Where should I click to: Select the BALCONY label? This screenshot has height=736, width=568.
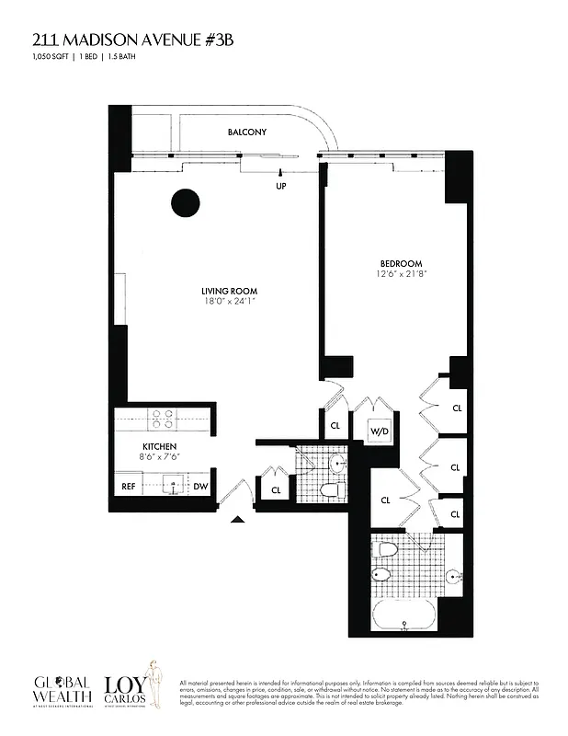pyautogui.click(x=247, y=132)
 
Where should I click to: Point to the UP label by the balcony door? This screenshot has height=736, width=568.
pyautogui.click(x=281, y=185)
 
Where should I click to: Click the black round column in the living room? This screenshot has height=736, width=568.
pyautogui.click(x=187, y=202)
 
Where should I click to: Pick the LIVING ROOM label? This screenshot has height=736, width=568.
pyautogui.click(x=229, y=292)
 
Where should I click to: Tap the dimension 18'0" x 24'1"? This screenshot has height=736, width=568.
pyautogui.click(x=229, y=302)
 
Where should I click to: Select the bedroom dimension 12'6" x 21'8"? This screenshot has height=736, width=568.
pyautogui.click(x=402, y=273)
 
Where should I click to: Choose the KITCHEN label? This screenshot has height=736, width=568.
pyautogui.click(x=146, y=446)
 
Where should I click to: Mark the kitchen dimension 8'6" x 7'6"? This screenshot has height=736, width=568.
pyautogui.click(x=146, y=456)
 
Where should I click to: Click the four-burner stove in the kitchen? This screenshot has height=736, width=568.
pyautogui.click(x=163, y=419)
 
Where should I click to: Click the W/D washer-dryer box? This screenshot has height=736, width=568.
pyautogui.click(x=379, y=431)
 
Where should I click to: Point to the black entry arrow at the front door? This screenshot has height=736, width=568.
pyautogui.click(x=237, y=520)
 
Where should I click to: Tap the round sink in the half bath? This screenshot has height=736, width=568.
pyautogui.click(x=336, y=463)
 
